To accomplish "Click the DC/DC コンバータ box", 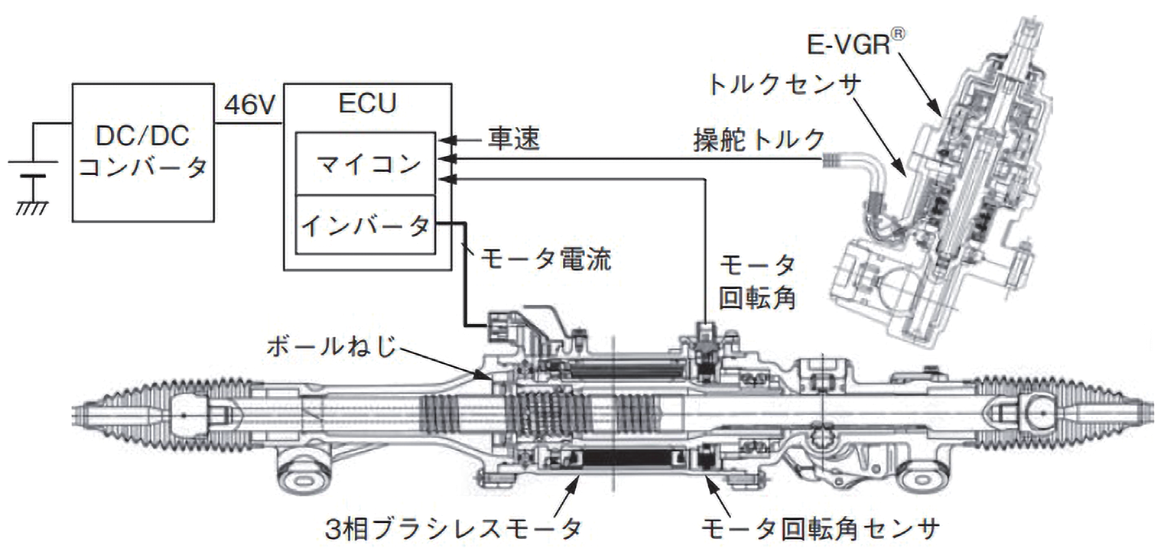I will [144, 152].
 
